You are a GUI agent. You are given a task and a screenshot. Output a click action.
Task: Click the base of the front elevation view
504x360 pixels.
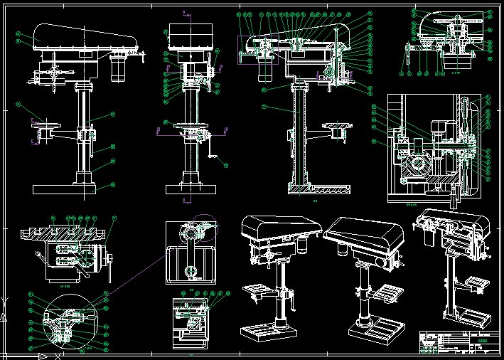coord(191,189)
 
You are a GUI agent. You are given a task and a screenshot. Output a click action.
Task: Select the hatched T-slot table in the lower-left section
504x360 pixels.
coord(64,233)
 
